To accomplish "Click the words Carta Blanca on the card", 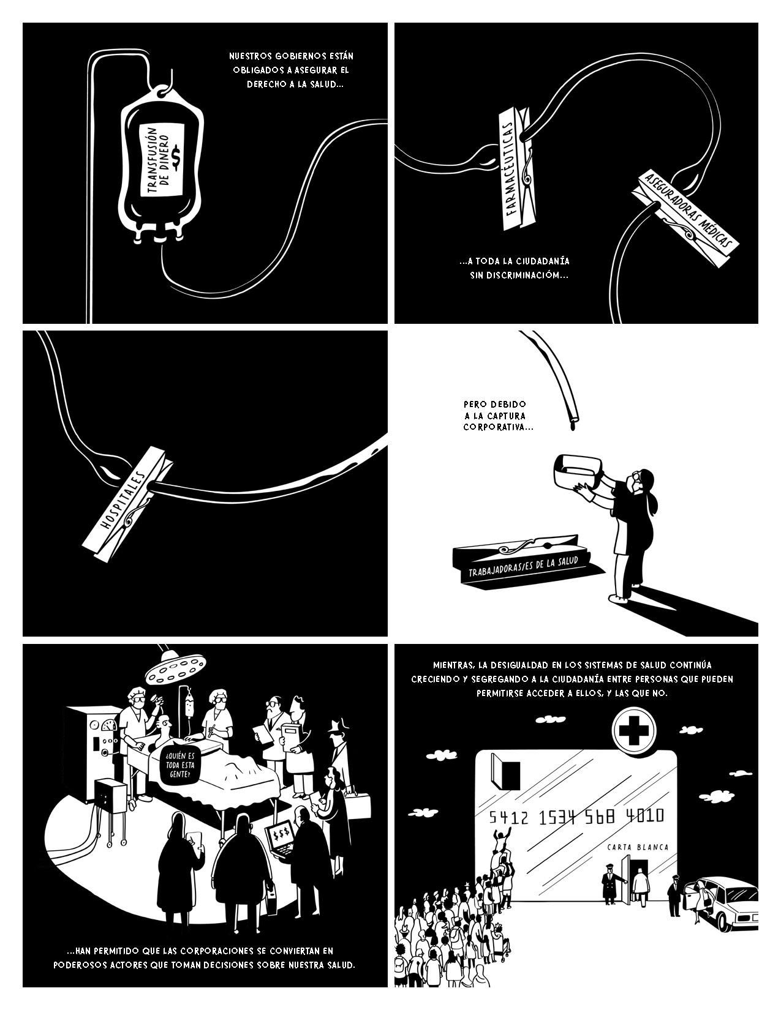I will point(637,848).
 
